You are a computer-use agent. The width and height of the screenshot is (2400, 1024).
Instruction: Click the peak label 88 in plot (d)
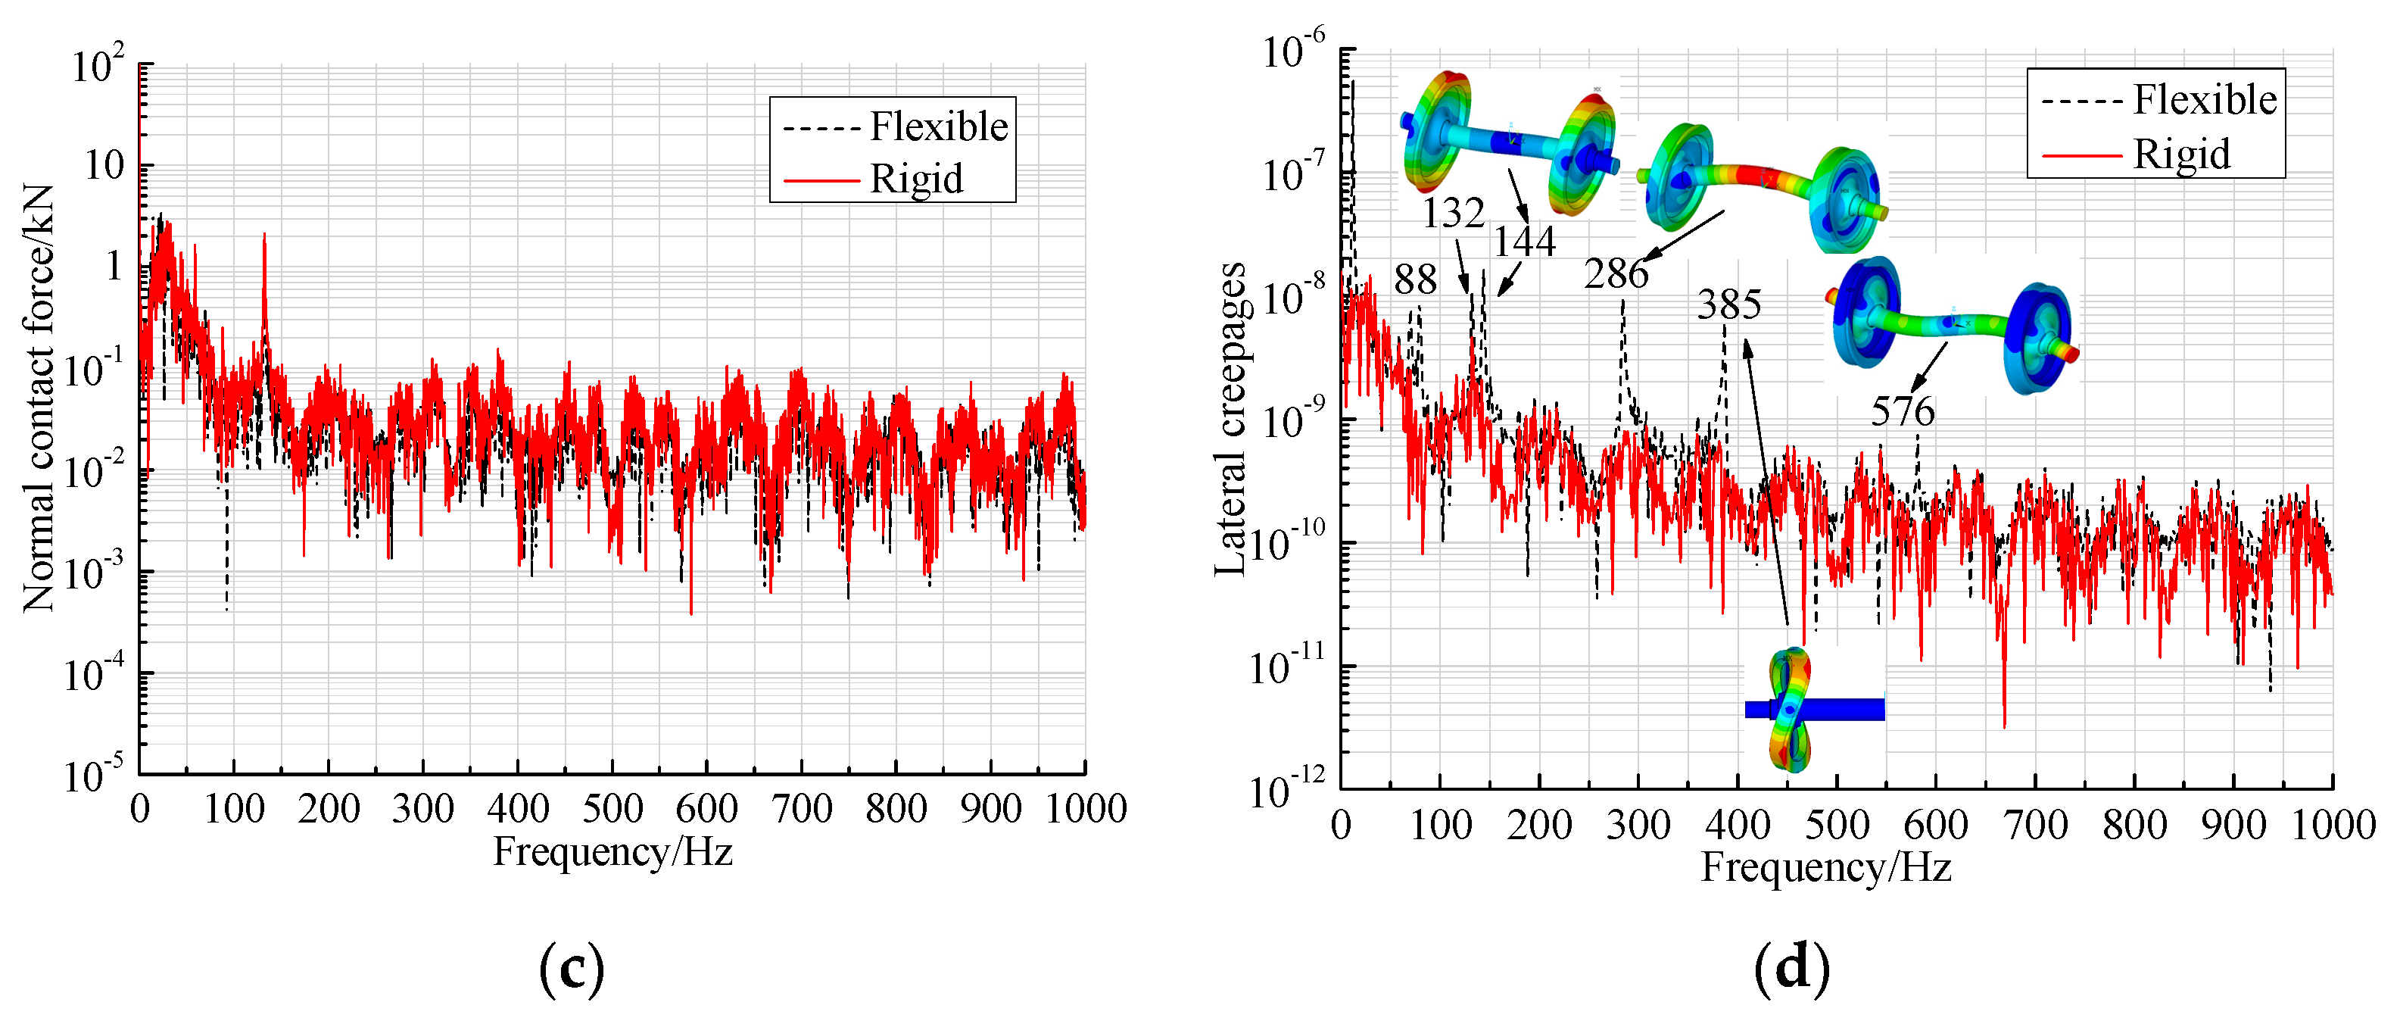point(1414,279)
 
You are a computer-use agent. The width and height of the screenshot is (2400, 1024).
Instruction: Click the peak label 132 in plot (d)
point(1451,214)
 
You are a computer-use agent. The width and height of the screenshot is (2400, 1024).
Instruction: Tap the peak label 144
point(1524,242)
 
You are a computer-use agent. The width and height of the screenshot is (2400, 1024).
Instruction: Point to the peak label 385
point(1728,304)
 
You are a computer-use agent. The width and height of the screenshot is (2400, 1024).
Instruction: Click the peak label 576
point(1902,411)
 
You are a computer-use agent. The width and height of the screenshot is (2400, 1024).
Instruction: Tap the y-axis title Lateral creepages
point(1230,420)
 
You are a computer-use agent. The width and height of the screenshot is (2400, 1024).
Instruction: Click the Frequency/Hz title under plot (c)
point(612,851)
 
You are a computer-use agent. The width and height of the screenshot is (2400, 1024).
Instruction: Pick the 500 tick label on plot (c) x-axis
point(612,809)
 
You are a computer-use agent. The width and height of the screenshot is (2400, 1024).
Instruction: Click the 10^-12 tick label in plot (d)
point(1286,791)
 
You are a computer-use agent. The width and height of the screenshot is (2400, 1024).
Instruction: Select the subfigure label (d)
point(1791,969)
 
